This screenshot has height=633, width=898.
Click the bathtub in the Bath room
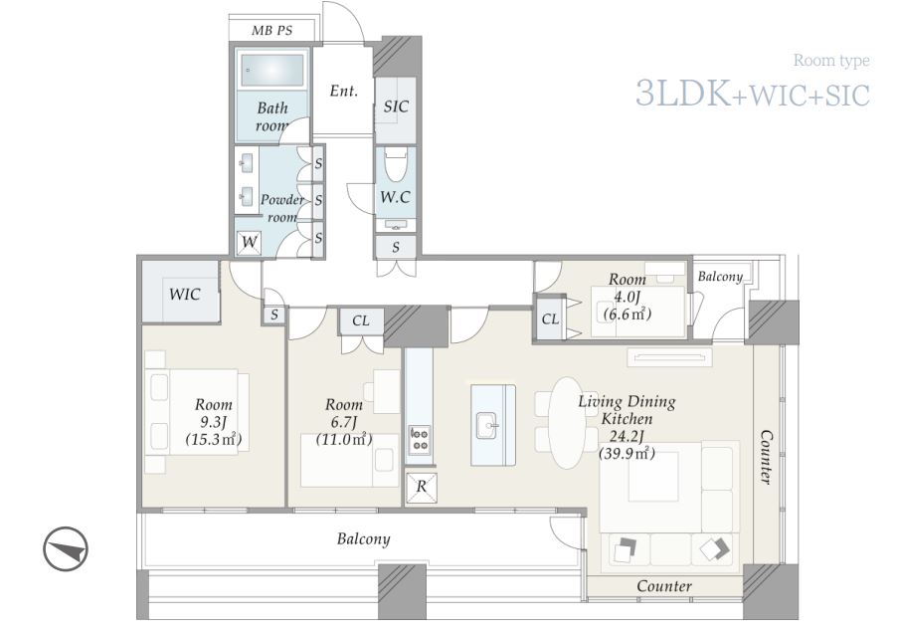coord(272,71)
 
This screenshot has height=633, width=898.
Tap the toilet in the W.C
coord(395,163)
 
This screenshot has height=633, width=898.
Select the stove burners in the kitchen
coord(420,439)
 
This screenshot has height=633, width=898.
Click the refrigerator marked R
coord(421,488)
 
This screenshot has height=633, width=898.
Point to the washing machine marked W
coord(250,242)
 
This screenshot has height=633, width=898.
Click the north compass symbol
coord(66,548)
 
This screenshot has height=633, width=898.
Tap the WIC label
coord(184,295)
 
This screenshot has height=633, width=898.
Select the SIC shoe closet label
coord(396,106)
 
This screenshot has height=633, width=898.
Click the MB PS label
coord(272,31)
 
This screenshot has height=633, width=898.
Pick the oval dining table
coord(567,423)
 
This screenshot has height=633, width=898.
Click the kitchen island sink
coord(487,425)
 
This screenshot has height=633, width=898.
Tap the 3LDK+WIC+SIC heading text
coord(753,94)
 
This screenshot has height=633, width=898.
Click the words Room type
coord(831,60)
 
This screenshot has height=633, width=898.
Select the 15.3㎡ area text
coord(214,440)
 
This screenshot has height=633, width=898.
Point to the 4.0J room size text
coord(627,298)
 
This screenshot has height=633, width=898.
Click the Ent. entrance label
coord(344,91)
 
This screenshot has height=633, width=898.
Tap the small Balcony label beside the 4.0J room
coord(720,277)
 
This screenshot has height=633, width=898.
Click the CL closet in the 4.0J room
coord(550,318)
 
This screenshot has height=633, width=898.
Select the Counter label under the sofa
coord(664,586)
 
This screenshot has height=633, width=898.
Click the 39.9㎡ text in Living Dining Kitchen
coord(628,454)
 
